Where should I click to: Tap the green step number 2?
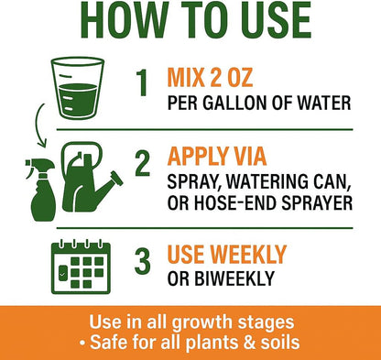click(143, 163)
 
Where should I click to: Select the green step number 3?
click(143, 259)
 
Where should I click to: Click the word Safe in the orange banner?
click(126, 342)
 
